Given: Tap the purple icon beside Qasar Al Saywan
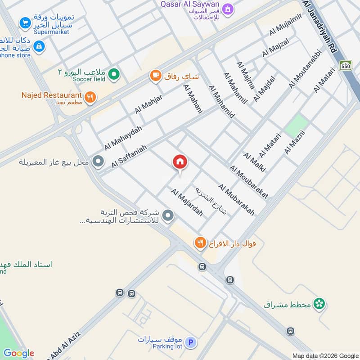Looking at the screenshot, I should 228,9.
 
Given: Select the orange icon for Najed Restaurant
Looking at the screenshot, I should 90,97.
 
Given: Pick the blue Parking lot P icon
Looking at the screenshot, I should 191,343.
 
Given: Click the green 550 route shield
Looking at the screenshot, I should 346,66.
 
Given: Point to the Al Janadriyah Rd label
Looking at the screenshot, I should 320,27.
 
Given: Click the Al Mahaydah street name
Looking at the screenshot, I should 123,138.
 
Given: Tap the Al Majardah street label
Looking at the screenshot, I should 186,202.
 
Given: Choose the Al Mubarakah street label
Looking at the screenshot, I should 236,199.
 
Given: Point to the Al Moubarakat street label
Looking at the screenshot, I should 249,181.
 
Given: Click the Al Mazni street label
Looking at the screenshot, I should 295,142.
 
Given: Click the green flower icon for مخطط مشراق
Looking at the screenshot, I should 319,304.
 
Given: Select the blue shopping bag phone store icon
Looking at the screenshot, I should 39,46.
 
